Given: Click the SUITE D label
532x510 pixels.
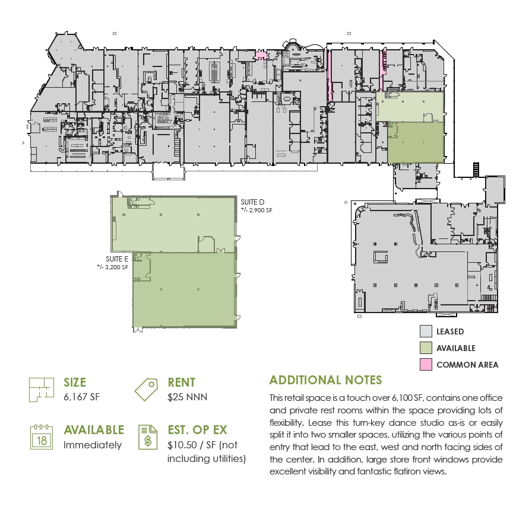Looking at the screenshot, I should coord(252,202).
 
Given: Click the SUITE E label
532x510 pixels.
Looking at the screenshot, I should coord(117,259).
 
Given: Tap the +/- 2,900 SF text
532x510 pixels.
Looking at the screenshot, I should coord(256,210).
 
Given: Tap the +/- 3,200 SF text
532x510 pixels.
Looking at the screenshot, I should coord(113,267).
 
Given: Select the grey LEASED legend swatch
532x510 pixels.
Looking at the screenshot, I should coord(426,332).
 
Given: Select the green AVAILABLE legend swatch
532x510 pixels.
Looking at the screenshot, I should coord(426,348).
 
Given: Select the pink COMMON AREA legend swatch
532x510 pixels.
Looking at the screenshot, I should coord(426,365).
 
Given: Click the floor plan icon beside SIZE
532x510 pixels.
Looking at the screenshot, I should coord(39,390).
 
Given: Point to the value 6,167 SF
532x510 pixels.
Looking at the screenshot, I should coord(82,397).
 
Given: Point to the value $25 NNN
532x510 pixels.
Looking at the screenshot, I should coord(188,397).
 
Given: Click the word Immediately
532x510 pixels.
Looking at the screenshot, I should coord(93,445).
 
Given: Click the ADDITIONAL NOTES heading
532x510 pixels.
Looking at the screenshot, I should coord(325,380).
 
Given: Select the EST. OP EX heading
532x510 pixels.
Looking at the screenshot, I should coord(205,430).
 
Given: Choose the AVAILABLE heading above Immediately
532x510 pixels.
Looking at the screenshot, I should coord(94,430).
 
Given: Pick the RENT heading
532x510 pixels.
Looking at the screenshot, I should coord(181,383).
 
